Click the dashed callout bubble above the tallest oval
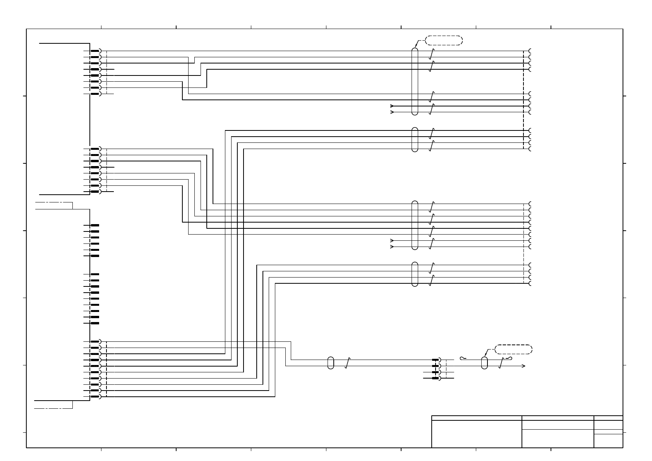444,40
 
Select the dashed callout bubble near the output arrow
514,349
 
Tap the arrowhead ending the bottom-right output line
524,366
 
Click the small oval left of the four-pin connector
331,363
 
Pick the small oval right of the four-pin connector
484,363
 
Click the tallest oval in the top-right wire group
415,81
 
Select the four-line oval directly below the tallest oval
415,139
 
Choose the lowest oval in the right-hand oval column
415,274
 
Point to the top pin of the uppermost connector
95,51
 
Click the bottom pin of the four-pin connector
436,378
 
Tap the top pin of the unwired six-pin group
94,225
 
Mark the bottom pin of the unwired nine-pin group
94,323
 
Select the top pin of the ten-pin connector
95,341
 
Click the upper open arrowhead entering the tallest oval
392,106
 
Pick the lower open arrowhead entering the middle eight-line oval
392,247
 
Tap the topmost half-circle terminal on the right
530,51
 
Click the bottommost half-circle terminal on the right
530,283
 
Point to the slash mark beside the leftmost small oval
347,363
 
